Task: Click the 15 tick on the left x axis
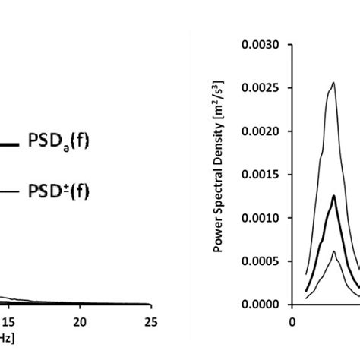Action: coord(7,321)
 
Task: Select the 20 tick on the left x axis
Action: coord(79,321)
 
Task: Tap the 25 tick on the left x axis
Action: coord(151,321)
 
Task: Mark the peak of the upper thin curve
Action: coord(332,82)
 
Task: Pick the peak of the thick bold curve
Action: coord(333,196)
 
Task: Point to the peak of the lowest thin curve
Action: coord(333,251)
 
